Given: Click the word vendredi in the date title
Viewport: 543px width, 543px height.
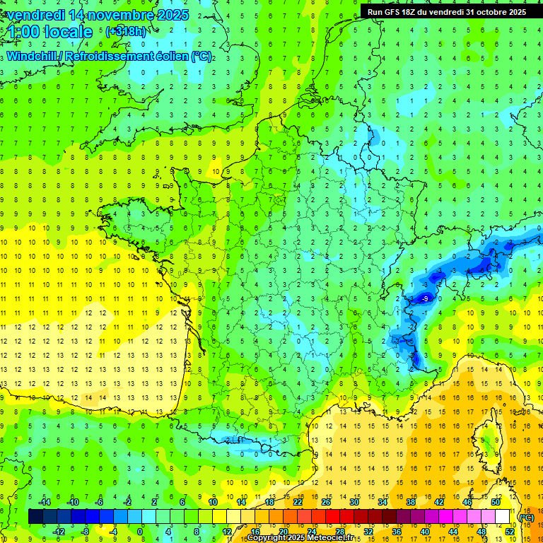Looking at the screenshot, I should pyautogui.click(x=35, y=15).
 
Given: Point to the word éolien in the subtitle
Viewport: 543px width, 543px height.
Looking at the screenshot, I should pyautogui.click(x=170, y=57).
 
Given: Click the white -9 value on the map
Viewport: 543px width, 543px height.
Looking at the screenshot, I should pyautogui.click(x=425, y=299).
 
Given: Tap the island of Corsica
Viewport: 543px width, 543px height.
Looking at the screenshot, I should pyautogui.click(x=487, y=442).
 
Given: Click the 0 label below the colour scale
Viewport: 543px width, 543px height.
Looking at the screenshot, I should pyautogui.click(x=140, y=532).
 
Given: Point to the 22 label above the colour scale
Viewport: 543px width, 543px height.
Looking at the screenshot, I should pyautogui.click(x=298, y=502).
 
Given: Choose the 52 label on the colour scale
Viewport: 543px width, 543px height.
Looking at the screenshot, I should pyautogui.click(x=509, y=532).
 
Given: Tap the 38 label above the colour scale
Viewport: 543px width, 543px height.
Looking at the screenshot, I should pyautogui.click(x=411, y=502).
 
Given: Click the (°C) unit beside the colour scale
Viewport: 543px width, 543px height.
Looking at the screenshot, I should pyautogui.click(x=526, y=517).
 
